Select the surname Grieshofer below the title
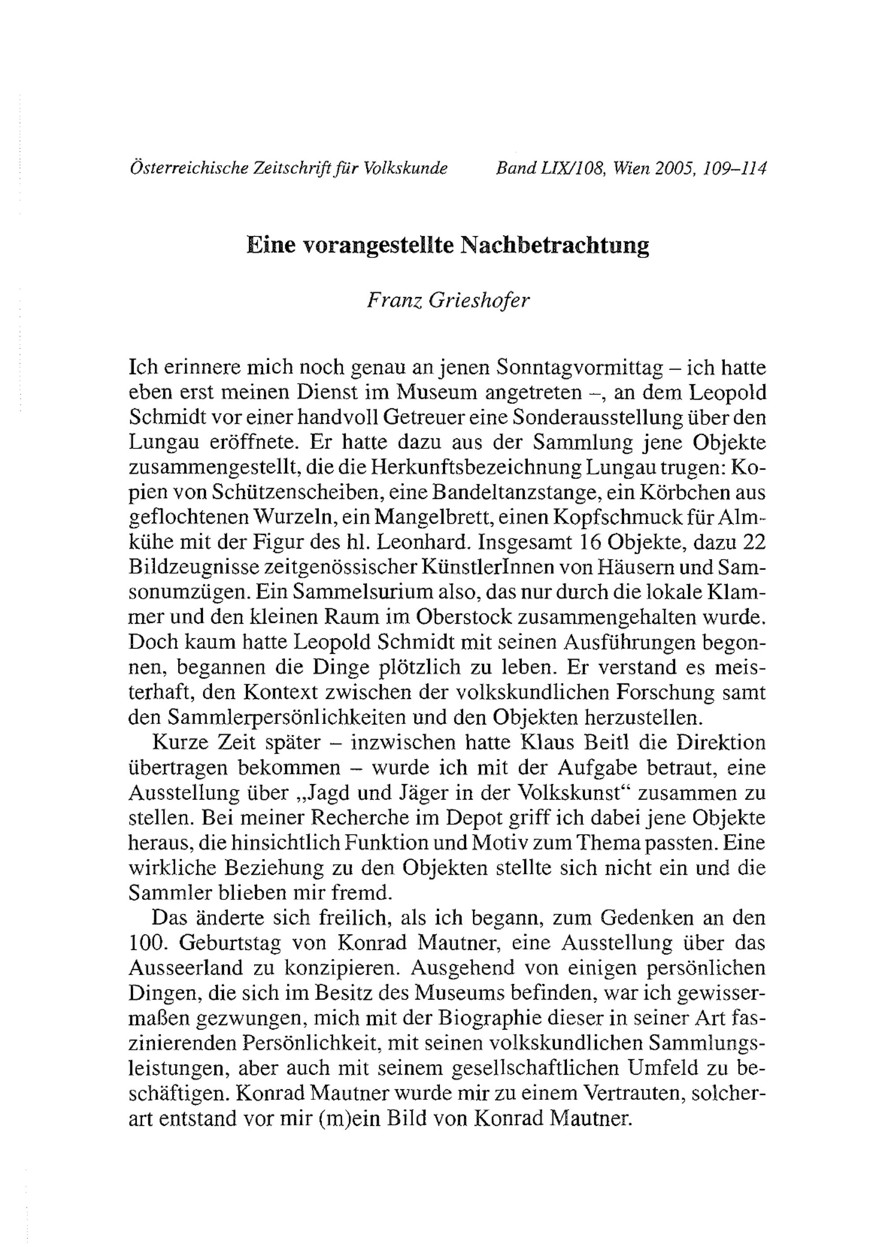(479, 300)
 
